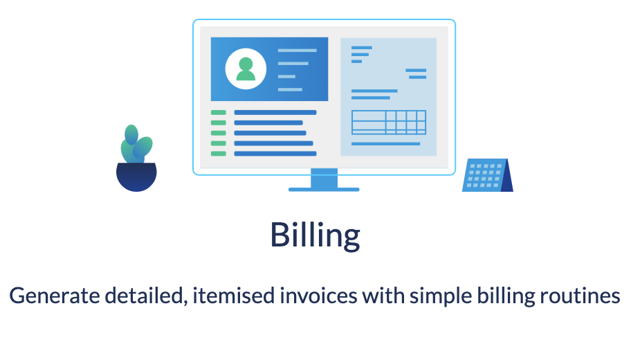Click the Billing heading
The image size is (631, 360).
[315, 236]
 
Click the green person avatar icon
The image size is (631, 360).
[246, 69]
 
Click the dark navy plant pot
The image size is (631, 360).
[136, 177]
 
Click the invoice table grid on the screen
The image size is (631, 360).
[388, 122]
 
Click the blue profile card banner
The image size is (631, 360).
[269, 69]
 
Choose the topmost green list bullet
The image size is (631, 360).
[219, 112]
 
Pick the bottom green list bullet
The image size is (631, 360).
[219, 154]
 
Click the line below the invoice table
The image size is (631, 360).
[385, 144]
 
